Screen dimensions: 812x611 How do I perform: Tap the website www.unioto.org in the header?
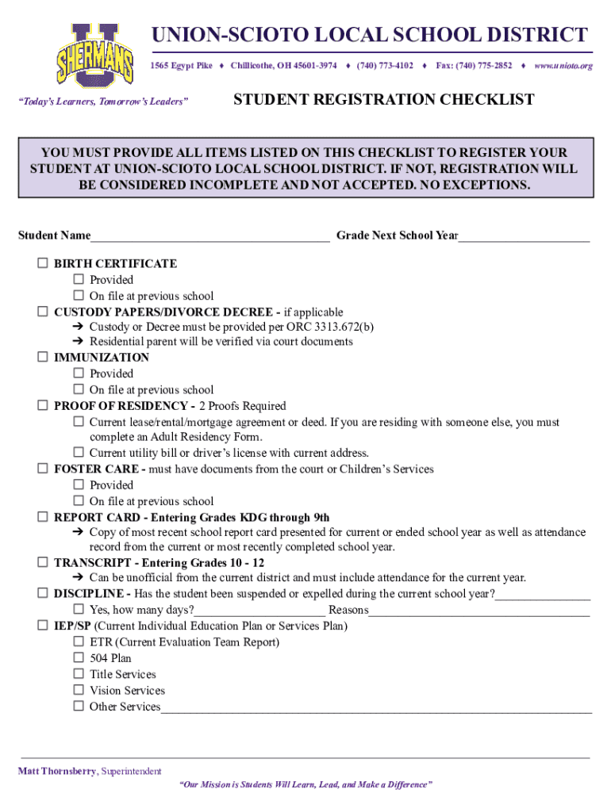563,65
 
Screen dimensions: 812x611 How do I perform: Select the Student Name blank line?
209,236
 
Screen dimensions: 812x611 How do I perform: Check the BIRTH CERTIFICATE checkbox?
43,263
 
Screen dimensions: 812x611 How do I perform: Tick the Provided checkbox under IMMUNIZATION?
79,373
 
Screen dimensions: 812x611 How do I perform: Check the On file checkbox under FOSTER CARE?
79,501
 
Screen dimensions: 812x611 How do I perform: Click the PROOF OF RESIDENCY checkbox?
43,406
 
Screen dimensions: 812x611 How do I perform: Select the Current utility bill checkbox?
79,454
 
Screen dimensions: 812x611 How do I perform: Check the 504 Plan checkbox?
79,658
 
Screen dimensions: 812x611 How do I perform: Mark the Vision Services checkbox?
79,691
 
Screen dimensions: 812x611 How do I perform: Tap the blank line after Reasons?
479,611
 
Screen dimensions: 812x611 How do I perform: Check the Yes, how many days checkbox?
79,610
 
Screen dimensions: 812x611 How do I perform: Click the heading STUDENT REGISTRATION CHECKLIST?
383,100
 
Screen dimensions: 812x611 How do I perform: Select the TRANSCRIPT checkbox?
43,562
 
